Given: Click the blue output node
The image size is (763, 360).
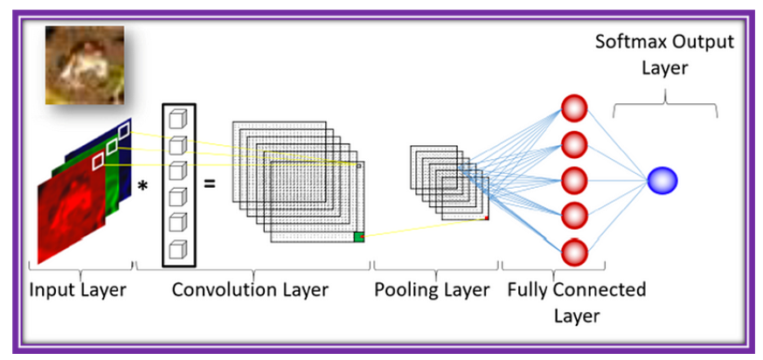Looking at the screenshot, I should click(662, 181).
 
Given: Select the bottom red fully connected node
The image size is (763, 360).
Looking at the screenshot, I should click(573, 253).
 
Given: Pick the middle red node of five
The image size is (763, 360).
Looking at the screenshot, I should click(573, 181).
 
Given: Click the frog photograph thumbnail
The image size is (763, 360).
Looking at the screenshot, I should click(85, 65).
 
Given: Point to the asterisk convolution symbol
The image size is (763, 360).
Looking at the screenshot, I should click(142, 186).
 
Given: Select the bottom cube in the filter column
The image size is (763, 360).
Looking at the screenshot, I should click(178, 247).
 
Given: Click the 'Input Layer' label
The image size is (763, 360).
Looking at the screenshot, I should click(77, 290).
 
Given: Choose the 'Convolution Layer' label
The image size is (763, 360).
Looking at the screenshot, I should click(250, 290).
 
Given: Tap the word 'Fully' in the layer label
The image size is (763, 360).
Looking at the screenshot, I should click(528, 290).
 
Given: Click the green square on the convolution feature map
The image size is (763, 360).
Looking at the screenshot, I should click(358, 236).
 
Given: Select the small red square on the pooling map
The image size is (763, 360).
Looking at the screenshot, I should click(486, 218).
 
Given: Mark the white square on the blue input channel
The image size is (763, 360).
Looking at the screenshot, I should click(124, 131).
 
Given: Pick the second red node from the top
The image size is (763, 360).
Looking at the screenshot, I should click(573, 144).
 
